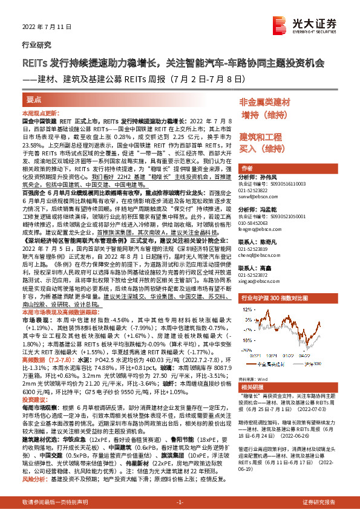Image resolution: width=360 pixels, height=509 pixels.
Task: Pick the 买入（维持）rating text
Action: (261, 148)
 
